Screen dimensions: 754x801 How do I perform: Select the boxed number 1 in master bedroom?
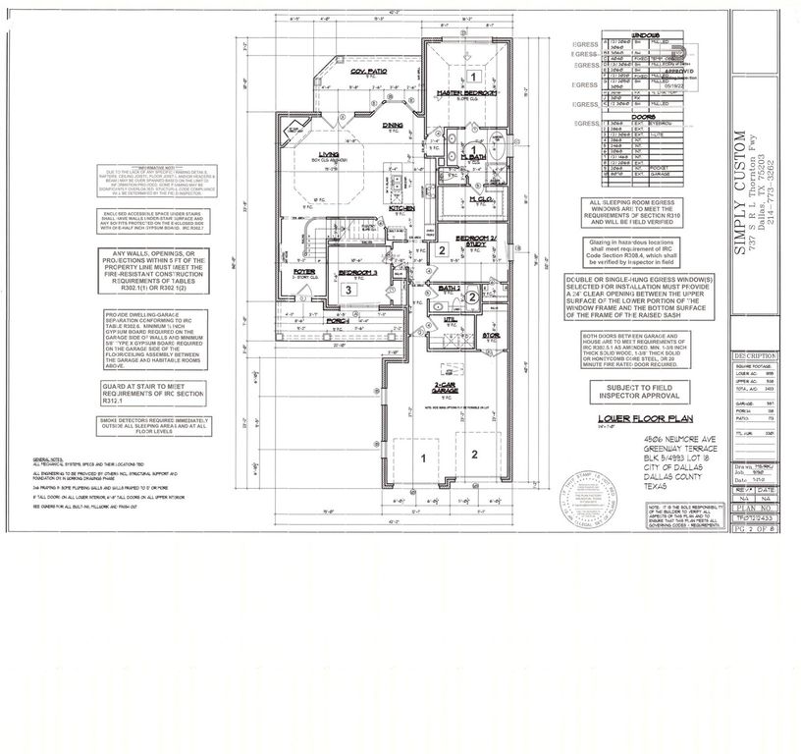pos(472,76)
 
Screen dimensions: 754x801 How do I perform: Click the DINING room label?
pos(392,125)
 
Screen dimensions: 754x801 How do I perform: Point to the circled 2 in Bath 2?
pos(471,297)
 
